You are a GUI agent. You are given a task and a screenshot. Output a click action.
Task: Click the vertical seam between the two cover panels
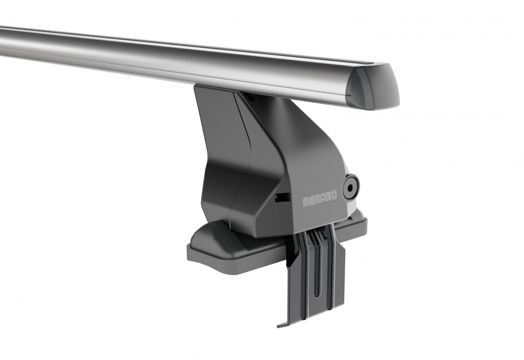(x=242, y=164)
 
